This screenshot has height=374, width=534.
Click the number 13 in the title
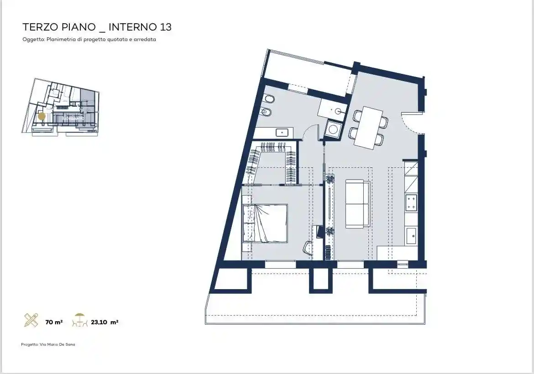click(x=165, y=27)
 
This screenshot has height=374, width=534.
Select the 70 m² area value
click(x=54, y=322)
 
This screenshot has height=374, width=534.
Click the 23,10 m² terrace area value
click(x=105, y=322)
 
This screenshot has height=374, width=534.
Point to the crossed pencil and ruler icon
click(x=31, y=320)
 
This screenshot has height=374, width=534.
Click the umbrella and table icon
click(x=80, y=320)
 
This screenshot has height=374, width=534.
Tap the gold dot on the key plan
click(x=42, y=116)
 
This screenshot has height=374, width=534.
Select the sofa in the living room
click(x=357, y=204)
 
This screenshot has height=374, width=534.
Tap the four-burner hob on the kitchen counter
click(x=411, y=203)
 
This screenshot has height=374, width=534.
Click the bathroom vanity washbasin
click(x=282, y=133)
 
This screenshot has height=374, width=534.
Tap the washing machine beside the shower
click(x=333, y=130)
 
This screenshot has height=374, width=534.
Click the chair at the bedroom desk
click(x=308, y=248)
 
